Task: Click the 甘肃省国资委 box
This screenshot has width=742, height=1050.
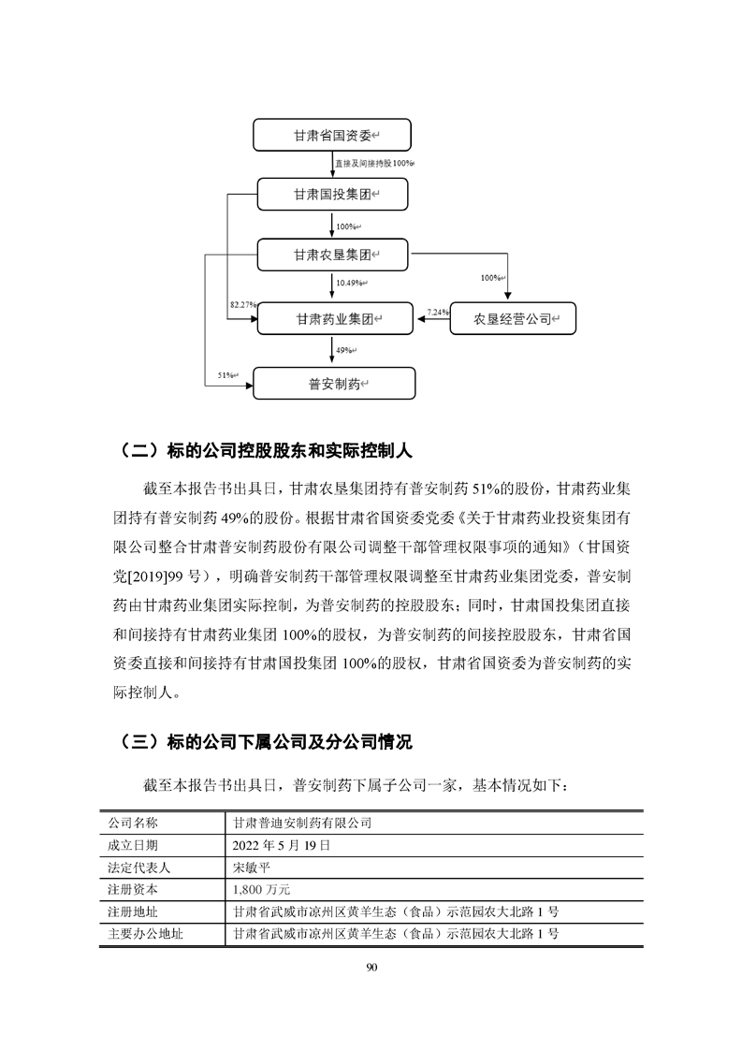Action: coord(333,136)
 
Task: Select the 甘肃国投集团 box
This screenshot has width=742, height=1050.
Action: coord(333,195)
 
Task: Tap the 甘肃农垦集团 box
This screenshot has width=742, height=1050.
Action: coord(333,254)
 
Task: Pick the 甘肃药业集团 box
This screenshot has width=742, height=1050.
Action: coord(333,319)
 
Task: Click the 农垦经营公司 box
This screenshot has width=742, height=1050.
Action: coord(513,319)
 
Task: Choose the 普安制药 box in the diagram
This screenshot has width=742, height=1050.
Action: coord(333,383)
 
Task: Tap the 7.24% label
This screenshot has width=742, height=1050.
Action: coord(437,310)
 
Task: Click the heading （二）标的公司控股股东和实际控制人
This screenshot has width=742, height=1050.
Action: coord(267,449)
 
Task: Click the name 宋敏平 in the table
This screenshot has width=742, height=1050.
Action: coord(255,868)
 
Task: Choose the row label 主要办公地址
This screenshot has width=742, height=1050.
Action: coord(146,934)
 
